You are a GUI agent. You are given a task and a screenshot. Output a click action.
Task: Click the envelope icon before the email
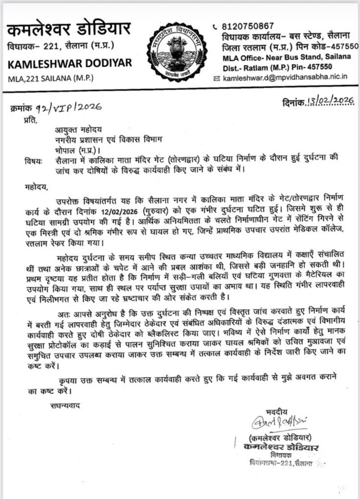point(217,77)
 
